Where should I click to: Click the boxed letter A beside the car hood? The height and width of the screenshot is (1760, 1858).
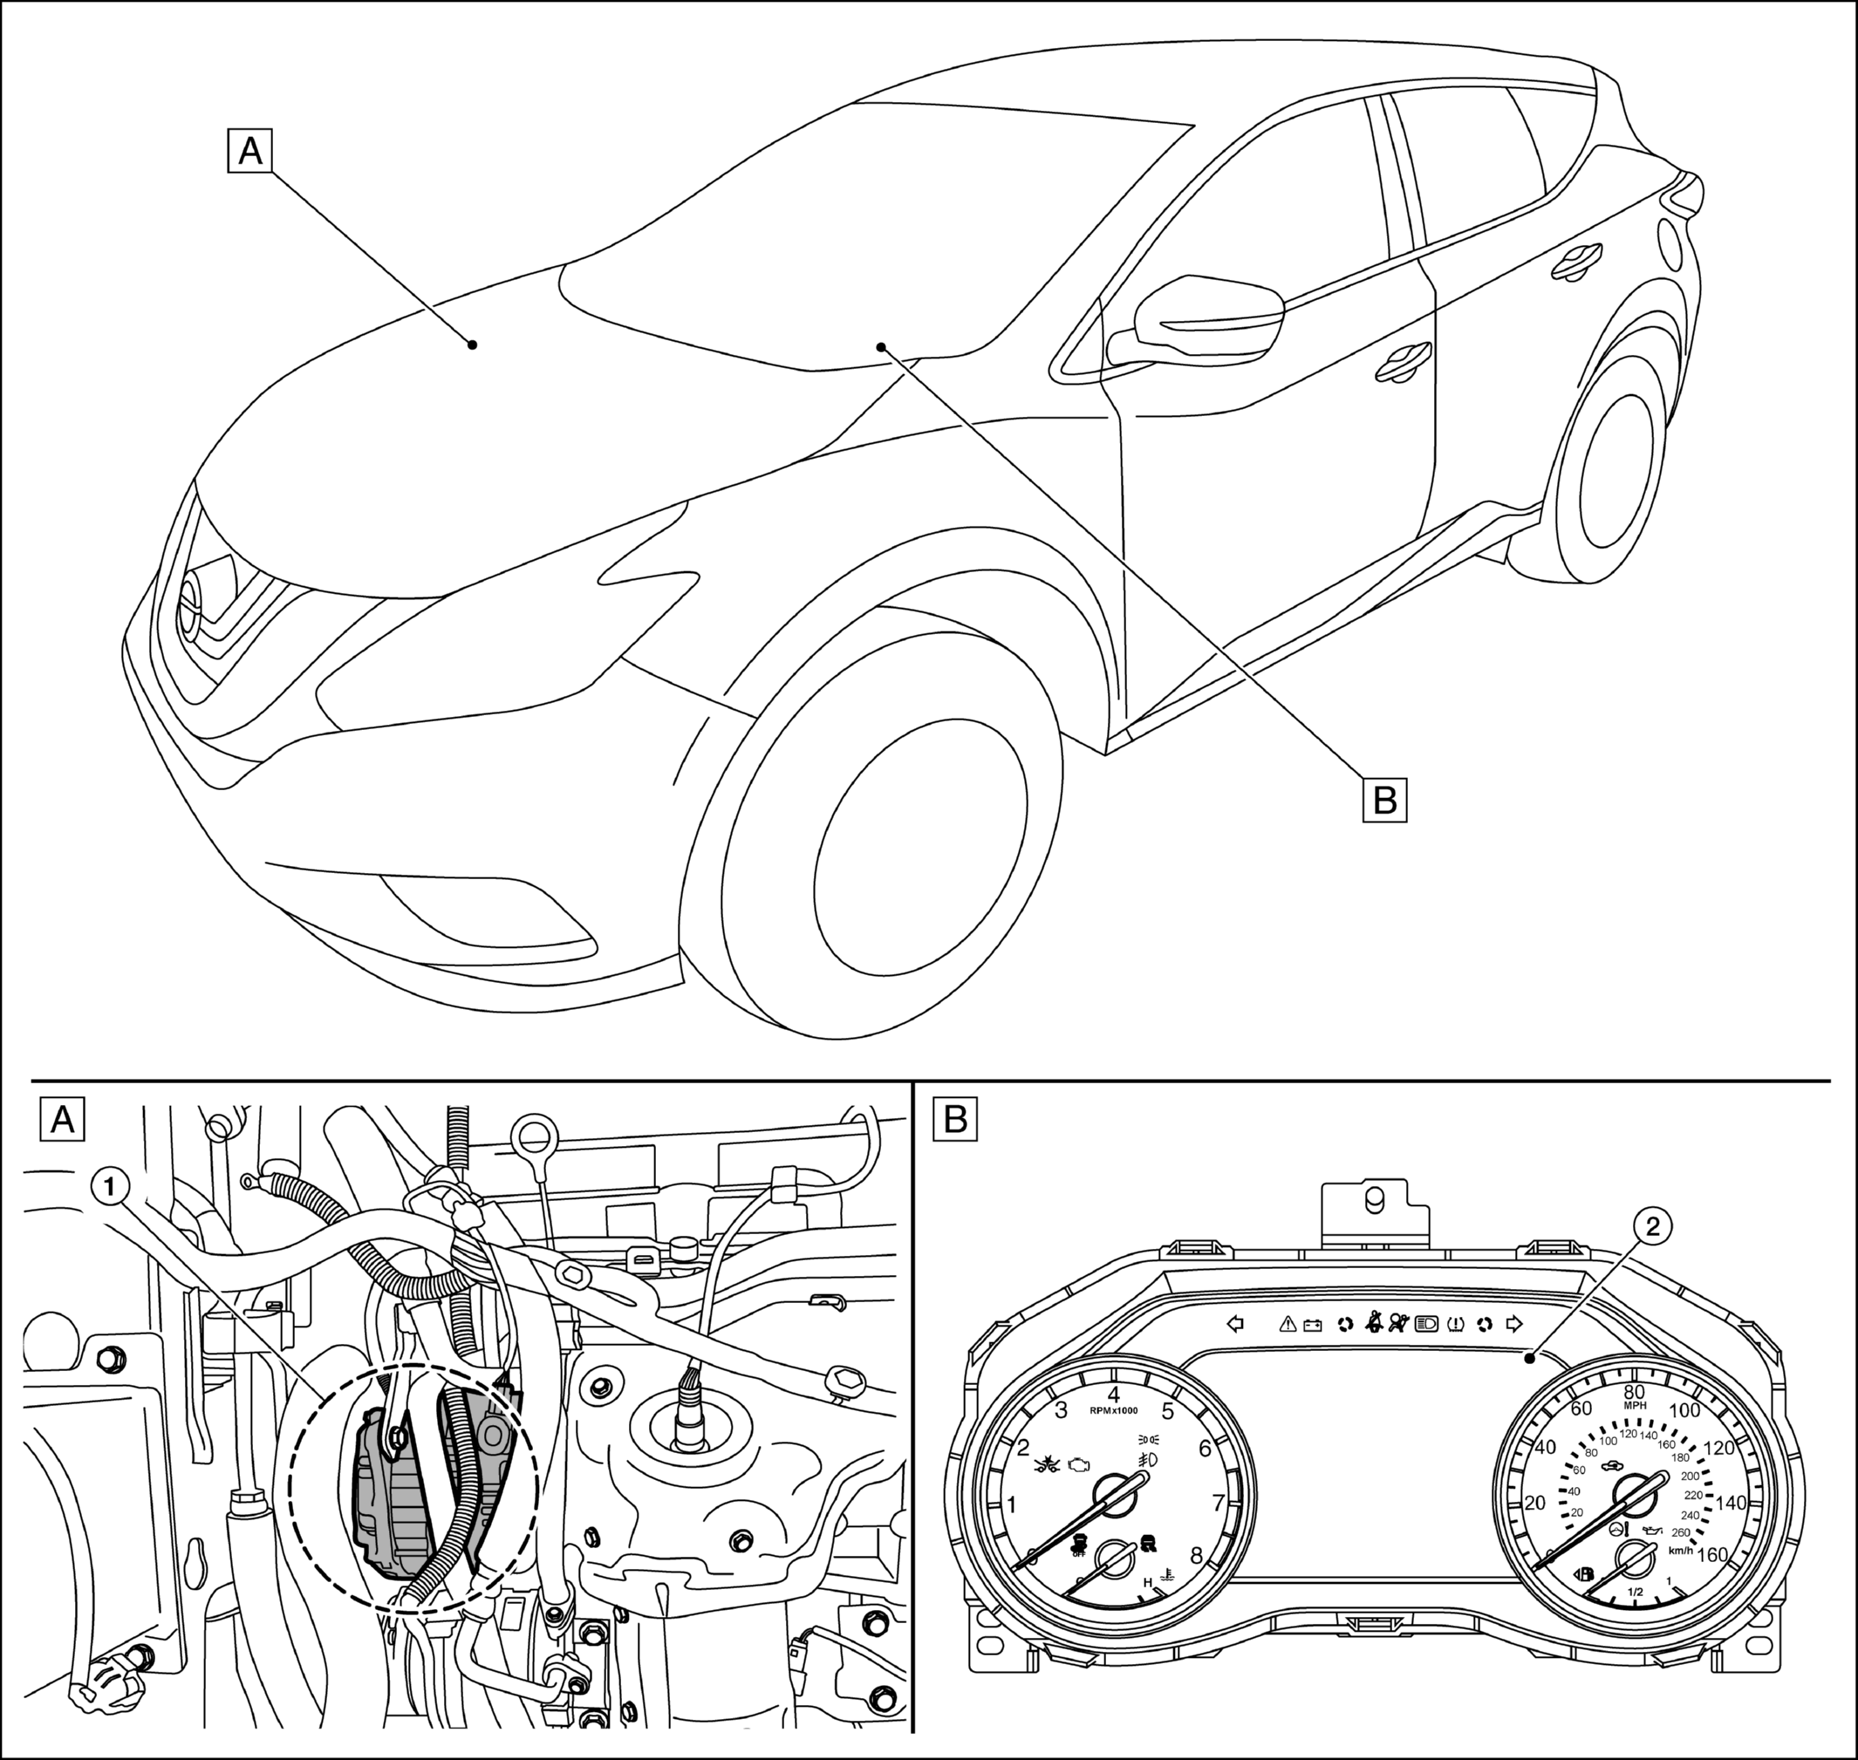click(249, 151)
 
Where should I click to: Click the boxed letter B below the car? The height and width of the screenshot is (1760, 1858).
click(1385, 801)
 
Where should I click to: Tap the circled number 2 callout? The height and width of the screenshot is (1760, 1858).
click(1652, 1226)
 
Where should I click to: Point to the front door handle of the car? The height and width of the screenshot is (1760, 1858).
click(1403, 361)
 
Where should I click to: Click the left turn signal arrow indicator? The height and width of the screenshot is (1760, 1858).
click(1236, 1324)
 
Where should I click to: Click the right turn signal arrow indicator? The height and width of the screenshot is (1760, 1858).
click(1513, 1324)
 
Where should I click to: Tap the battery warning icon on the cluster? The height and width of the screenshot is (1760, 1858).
click(1313, 1325)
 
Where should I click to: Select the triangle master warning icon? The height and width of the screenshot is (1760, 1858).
click(1288, 1324)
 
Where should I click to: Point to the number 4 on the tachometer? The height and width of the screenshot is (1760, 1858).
click(1114, 1394)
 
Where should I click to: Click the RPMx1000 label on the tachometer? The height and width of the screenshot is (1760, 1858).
click(1114, 1411)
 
